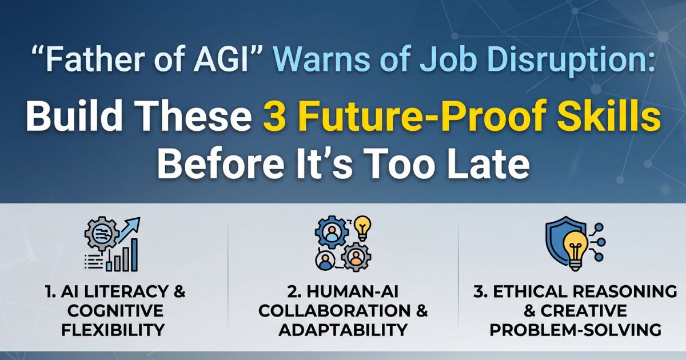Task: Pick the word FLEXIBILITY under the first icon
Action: point(114,330)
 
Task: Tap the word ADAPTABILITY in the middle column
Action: point(343,330)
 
